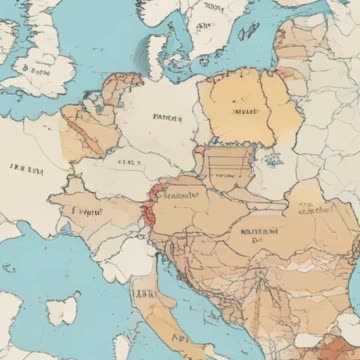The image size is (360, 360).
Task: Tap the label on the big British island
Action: tap(38, 72)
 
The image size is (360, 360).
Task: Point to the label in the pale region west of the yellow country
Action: tap(166, 117)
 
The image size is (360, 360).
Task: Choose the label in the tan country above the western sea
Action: tap(88, 212)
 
